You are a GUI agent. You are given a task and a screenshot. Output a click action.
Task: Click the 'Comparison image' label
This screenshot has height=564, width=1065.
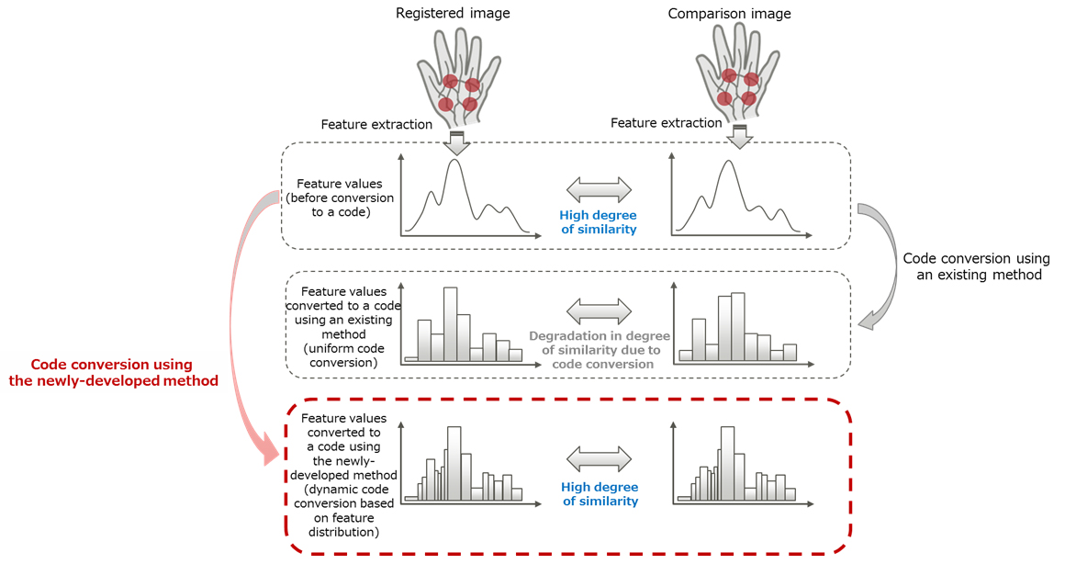pos(729,14)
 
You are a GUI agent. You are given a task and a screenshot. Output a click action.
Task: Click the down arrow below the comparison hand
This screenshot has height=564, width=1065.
pos(738,137)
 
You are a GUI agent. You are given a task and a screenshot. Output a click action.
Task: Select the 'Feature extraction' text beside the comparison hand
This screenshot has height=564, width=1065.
pos(667,123)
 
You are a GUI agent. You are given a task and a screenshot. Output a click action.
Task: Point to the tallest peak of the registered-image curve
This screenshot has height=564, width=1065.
pos(453,164)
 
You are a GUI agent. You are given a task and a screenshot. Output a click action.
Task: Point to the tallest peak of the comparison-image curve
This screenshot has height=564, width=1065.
pos(727,164)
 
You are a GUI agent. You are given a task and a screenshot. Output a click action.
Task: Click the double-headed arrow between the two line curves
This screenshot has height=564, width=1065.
pos(599,190)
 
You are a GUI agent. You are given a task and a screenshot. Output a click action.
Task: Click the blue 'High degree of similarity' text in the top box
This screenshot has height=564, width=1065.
pos(599,222)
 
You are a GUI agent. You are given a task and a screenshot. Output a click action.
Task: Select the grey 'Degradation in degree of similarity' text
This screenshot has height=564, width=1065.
pos(600,350)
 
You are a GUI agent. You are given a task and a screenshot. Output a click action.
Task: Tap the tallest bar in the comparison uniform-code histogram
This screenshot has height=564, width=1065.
pos(737,326)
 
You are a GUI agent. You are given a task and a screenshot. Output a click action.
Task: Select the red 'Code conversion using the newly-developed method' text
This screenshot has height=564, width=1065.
pos(114,372)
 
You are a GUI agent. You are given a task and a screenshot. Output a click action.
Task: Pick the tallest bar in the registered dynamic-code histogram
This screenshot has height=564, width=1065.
pos(454,463)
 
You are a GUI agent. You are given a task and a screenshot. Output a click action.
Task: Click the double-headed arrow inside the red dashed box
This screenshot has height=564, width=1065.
pos(600,458)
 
